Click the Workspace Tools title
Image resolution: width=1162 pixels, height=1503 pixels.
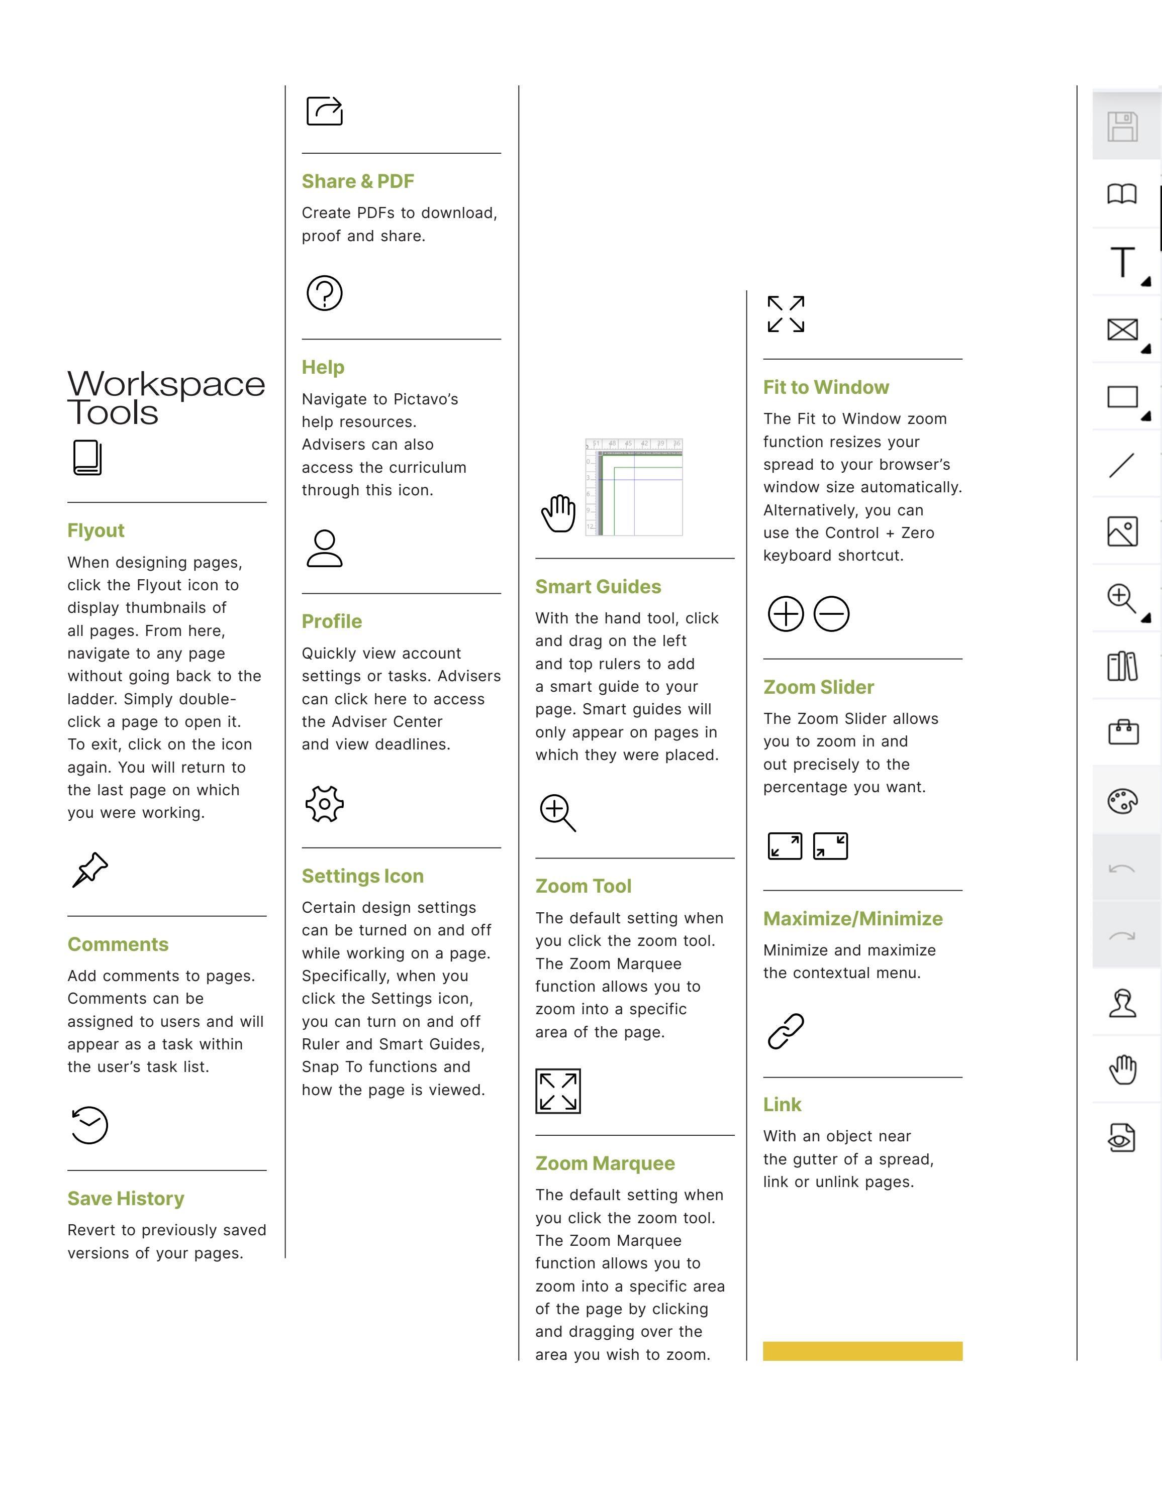click(x=165, y=398)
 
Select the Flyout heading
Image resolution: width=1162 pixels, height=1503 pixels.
click(x=95, y=530)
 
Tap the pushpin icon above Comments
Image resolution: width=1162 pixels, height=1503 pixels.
click(x=90, y=870)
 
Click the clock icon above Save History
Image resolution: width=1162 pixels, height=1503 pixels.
click(x=89, y=1125)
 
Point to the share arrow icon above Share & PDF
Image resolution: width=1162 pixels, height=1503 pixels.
click(x=324, y=111)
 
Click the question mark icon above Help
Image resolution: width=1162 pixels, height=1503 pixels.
click(x=324, y=293)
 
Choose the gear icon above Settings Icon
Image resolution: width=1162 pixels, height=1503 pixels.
click(x=324, y=803)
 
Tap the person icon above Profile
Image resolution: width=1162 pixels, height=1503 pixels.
click(x=324, y=549)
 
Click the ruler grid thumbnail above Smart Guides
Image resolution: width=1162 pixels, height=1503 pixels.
click(x=634, y=487)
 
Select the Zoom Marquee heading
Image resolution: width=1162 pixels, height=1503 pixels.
click(x=605, y=1163)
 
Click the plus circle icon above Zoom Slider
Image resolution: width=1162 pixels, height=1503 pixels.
click(x=786, y=614)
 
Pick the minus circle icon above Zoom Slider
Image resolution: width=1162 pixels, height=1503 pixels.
click(x=831, y=614)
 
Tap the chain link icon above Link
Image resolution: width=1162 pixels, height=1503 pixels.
click(x=786, y=1031)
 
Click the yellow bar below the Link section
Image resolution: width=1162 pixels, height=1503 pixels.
click(x=862, y=1351)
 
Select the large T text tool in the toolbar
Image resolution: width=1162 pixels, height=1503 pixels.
click(x=1123, y=262)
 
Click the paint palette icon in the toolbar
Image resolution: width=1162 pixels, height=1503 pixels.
click(x=1123, y=801)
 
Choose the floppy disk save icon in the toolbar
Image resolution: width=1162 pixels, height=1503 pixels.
click(x=1123, y=127)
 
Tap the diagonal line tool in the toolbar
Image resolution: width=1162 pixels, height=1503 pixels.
click(x=1122, y=465)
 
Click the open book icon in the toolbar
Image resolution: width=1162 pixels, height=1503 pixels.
click(x=1122, y=194)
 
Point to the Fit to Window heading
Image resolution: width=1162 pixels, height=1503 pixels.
click(x=826, y=387)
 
